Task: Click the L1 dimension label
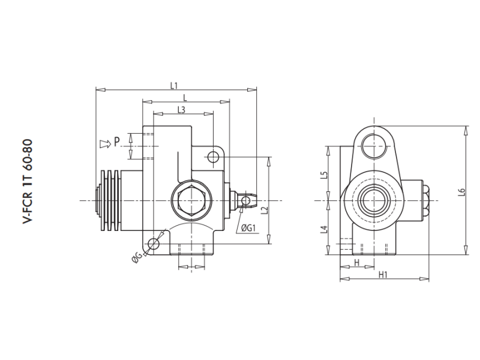(x=173, y=85)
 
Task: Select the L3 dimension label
(x=181, y=109)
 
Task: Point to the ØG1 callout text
(x=249, y=228)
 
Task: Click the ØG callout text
(x=137, y=257)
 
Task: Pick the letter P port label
(x=118, y=142)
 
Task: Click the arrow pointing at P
(x=104, y=143)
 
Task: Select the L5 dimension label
(x=324, y=175)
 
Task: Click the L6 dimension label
(x=461, y=192)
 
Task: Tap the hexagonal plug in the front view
(x=188, y=200)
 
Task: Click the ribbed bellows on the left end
(x=110, y=200)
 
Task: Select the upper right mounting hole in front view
(x=212, y=157)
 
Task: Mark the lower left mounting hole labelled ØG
(x=154, y=244)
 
